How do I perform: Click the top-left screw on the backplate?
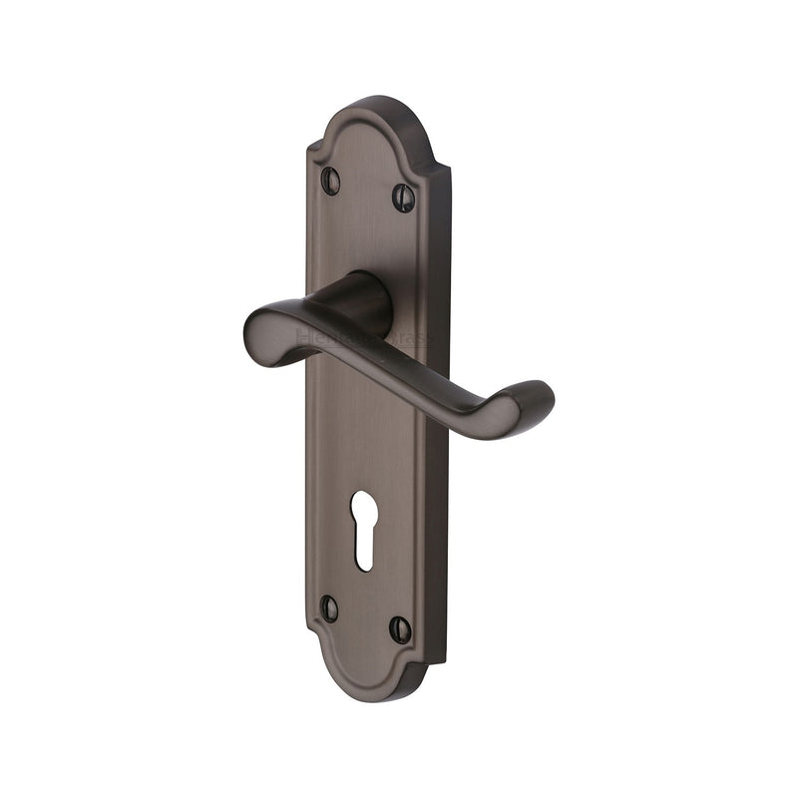[x=331, y=181]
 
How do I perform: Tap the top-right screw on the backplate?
[x=403, y=197]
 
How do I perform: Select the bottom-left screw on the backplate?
[x=329, y=607]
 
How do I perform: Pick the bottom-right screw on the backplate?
[x=400, y=628]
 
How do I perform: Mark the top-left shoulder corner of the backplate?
[x=312, y=150]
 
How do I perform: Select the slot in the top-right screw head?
[x=403, y=197]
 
